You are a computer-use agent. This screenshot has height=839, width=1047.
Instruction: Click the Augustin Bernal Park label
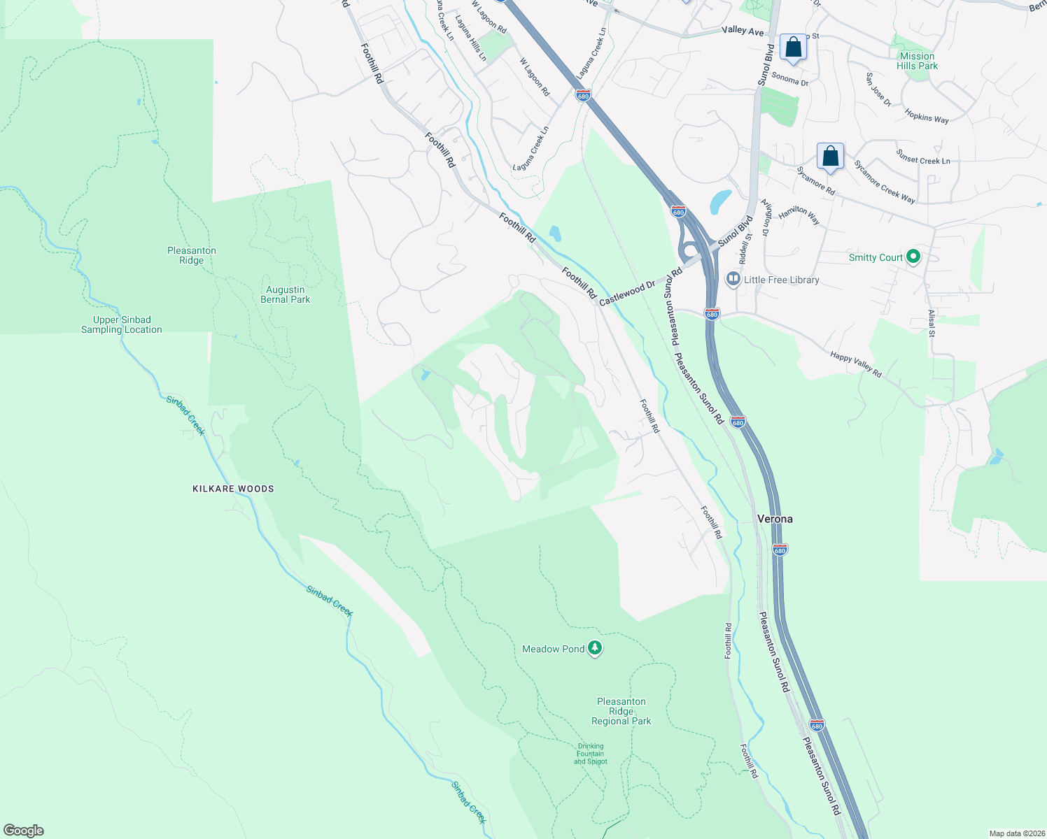click(x=285, y=294)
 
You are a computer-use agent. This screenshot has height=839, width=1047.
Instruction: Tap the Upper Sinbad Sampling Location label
click(x=122, y=324)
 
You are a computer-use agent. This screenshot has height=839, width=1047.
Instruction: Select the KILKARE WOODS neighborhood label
click(x=233, y=489)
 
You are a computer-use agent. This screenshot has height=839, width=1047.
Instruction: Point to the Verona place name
click(x=775, y=519)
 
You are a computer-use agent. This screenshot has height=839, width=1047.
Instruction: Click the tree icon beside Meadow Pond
click(x=595, y=648)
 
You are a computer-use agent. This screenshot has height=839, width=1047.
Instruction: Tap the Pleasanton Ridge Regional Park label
click(x=621, y=711)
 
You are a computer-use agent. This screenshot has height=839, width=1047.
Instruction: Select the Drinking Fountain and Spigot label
click(x=590, y=754)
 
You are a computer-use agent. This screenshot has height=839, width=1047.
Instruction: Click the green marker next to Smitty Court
click(x=913, y=257)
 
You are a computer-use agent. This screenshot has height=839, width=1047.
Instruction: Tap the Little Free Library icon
click(x=733, y=279)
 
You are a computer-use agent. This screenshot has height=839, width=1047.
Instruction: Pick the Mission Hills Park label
click(x=917, y=61)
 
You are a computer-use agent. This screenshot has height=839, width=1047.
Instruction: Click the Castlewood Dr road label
click(x=627, y=293)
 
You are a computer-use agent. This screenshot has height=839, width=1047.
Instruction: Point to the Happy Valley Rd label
click(x=855, y=365)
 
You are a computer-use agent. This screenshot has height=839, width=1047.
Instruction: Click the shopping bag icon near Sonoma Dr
click(x=793, y=48)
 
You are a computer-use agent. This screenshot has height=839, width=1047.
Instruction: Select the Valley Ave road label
click(x=743, y=31)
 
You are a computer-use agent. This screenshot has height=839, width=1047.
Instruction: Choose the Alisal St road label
click(x=931, y=323)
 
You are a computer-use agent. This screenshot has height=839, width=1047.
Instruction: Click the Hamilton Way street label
click(x=799, y=214)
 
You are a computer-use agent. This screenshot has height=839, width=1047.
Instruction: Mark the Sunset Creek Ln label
click(x=923, y=157)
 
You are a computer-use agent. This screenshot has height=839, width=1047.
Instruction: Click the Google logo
click(x=24, y=831)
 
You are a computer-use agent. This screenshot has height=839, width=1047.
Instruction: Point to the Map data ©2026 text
click(x=1016, y=833)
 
